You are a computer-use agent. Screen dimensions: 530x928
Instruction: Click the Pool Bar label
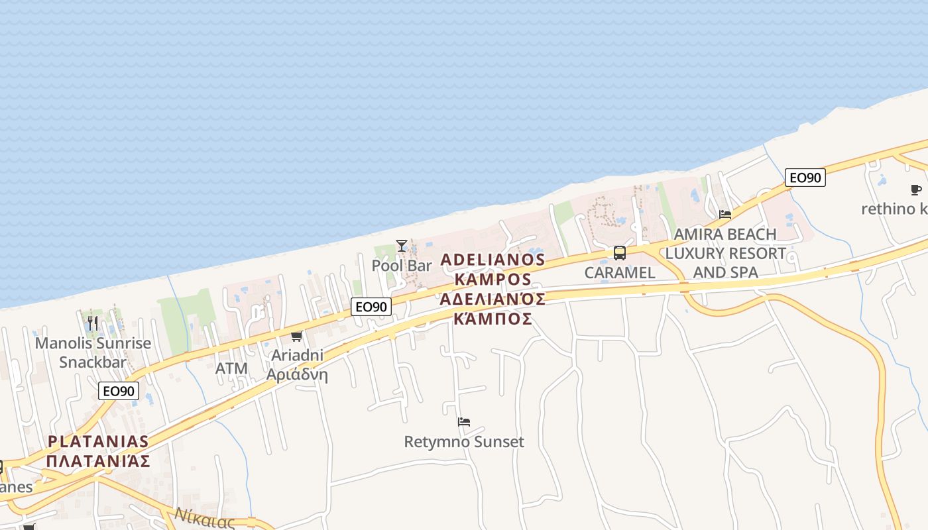pyautogui.click(x=402, y=266)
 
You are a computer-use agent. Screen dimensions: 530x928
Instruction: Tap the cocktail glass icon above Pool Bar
pyautogui.click(x=402, y=246)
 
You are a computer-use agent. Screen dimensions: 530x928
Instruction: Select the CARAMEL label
pyautogui.click(x=620, y=272)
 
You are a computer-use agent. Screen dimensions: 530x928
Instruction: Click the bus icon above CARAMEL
pyautogui.click(x=620, y=252)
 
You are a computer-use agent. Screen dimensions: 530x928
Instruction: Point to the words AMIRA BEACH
pyautogui.click(x=725, y=235)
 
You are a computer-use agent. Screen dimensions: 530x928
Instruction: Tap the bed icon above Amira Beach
pyautogui.click(x=725, y=215)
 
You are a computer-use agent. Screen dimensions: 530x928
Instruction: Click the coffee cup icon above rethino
pyautogui.click(x=916, y=190)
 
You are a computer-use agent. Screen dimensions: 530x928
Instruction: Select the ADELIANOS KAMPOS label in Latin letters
pyautogui.click(x=493, y=269)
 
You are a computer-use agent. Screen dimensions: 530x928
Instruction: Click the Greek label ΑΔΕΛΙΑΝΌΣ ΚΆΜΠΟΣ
pyautogui.click(x=493, y=309)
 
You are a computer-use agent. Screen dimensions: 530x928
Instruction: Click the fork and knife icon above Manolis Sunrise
pyautogui.click(x=93, y=323)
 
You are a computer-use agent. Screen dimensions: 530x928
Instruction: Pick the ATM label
pyautogui.click(x=232, y=368)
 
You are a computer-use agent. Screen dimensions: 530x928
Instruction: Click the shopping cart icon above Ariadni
pyautogui.click(x=296, y=337)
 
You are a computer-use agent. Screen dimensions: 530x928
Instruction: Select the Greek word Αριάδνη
pyautogui.click(x=297, y=374)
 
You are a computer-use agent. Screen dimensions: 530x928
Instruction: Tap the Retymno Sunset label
pyautogui.click(x=464, y=442)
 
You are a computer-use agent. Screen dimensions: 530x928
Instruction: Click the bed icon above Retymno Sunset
pyautogui.click(x=464, y=422)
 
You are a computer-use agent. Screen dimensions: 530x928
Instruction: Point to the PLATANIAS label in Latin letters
pyautogui.click(x=99, y=442)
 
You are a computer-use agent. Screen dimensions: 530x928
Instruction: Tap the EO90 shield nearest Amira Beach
pyautogui.click(x=805, y=178)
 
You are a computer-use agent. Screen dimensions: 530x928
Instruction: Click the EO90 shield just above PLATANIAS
pyautogui.click(x=119, y=391)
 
